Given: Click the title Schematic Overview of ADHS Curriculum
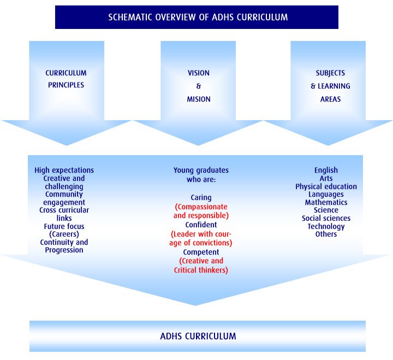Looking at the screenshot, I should tap(198, 17).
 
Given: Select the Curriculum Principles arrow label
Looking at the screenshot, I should tap(66, 79).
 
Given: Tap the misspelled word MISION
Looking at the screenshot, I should tap(198, 99).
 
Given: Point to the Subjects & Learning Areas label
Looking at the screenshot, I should tap(330, 86).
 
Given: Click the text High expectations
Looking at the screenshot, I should tap(64, 170).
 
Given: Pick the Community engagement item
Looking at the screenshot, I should tap(64, 198).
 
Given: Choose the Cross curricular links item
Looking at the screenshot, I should tap(64, 214).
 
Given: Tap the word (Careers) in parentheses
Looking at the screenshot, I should tap(64, 234).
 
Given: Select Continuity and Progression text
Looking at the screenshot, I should tap(64, 246).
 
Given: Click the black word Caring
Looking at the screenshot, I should tap(201, 198).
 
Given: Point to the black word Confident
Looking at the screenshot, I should tap(201, 225).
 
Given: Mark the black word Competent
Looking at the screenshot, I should tap(201, 252).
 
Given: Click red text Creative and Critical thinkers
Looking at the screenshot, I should tap(201, 265).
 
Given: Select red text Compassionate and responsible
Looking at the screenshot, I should tap(201, 211).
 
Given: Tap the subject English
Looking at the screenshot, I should tap(326, 170).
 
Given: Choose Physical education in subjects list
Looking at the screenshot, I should tap(326, 186).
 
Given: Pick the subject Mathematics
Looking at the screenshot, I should tap(326, 202).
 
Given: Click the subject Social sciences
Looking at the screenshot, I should tap(326, 219).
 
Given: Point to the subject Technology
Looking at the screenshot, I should tap(326, 226).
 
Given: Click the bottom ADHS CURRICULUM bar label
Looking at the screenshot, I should tap(198, 336).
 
